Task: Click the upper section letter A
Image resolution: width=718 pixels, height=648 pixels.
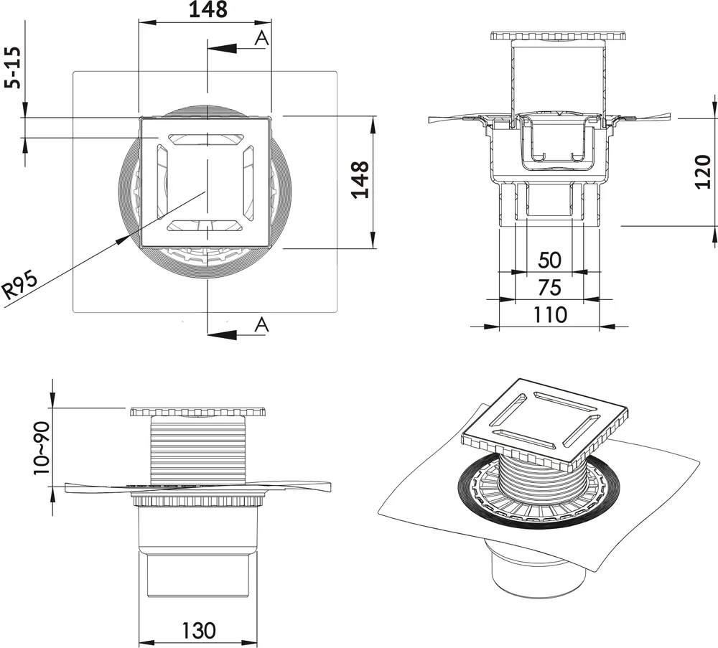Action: (262, 39)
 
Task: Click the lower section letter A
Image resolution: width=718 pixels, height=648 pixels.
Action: (262, 324)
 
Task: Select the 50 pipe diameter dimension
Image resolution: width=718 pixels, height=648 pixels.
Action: (549, 260)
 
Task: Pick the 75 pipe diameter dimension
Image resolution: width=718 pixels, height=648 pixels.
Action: (549, 287)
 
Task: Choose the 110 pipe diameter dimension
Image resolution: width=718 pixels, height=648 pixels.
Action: (549, 314)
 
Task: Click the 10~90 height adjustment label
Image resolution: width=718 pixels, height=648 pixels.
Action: (42, 449)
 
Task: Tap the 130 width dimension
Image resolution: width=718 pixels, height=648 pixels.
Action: (197, 631)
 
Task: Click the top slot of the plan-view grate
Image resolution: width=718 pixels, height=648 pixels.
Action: (205, 139)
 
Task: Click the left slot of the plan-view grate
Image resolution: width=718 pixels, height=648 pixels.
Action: (162, 182)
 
